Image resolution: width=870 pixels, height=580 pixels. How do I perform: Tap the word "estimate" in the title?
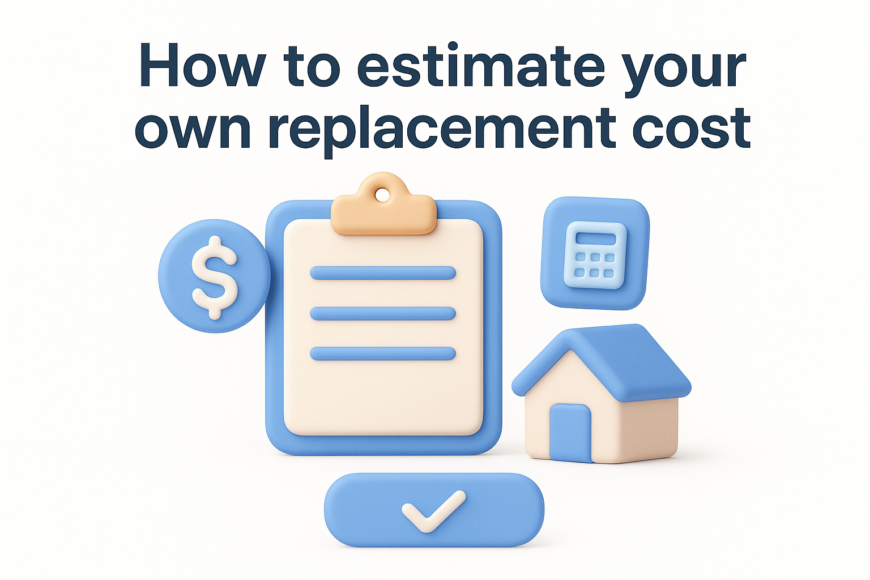481,68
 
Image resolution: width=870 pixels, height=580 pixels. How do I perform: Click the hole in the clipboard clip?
383,194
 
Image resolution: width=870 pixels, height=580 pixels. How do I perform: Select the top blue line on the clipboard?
383,273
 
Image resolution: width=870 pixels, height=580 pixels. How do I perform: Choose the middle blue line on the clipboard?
383,313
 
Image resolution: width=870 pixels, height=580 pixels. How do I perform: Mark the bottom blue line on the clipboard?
383,354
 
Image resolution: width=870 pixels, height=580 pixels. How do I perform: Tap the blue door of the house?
570,433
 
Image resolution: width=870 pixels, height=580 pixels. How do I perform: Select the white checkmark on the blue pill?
433,510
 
